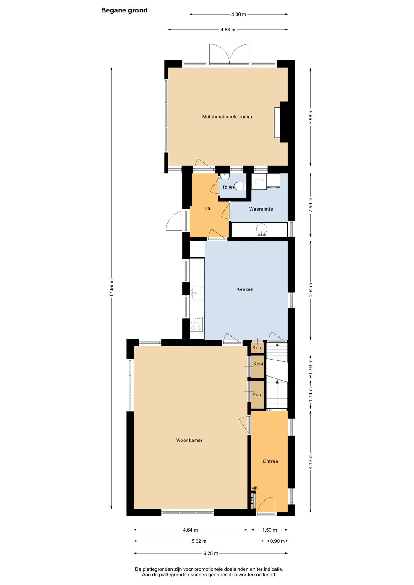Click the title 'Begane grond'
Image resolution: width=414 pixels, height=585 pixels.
(x=124, y=10)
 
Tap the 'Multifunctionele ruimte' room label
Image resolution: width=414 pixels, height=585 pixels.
(x=228, y=117)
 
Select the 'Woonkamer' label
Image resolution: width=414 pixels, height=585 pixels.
(x=189, y=440)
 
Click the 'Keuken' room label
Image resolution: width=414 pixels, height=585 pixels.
(x=245, y=289)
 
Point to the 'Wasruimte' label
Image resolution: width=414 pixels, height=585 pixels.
(x=261, y=209)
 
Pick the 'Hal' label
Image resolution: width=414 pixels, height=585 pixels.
(x=208, y=208)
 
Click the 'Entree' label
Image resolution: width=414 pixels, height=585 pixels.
(x=270, y=461)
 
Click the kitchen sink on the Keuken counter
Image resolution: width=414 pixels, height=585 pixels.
(x=197, y=293)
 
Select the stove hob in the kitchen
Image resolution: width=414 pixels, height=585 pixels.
(x=196, y=324)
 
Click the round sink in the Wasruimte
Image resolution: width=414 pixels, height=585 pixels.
(x=262, y=229)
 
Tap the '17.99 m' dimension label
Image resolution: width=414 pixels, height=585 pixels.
(x=112, y=288)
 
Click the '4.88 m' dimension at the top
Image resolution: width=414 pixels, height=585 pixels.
(x=228, y=30)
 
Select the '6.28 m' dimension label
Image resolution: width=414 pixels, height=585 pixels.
(x=211, y=553)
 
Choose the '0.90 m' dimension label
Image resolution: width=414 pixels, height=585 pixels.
(x=277, y=541)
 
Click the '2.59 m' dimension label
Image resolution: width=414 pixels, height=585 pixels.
(x=311, y=205)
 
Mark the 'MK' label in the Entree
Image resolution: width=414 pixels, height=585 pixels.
(x=255, y=488)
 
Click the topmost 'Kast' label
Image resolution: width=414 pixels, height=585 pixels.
(x=257, y=348)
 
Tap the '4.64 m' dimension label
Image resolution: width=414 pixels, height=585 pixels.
(x=190, y=530)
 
